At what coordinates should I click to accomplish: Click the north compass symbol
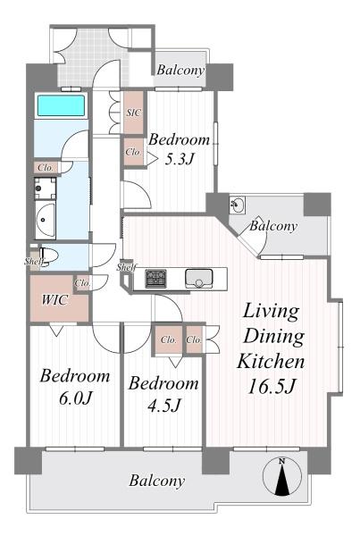click(282, 476)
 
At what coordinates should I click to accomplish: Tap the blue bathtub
click(61, 105)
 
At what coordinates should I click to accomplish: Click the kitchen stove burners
click(156, 279)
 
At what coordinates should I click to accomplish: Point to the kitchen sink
click(198, 278)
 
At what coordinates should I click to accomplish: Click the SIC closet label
click(134, 113)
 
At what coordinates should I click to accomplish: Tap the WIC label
click(54, 300)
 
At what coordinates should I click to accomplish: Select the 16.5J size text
click(272, 387)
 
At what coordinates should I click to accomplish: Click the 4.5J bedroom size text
click(164, 406)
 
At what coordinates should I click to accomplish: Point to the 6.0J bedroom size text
click(76, 398)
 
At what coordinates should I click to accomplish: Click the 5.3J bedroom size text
click(180, 159)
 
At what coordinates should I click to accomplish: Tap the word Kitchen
click(271, 362)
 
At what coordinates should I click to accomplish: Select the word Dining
click(274, 337)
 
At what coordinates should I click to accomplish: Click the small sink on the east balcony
click(238, 205)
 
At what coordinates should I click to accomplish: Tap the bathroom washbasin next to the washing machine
click(46, 219)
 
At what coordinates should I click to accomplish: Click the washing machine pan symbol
click(46, 188)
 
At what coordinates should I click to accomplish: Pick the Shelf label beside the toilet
click(34, 262)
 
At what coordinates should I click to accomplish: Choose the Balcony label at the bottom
click(157, 481)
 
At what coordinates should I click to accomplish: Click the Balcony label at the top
click(180, 71)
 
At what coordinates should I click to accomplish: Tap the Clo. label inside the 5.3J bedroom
click(133, 152)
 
